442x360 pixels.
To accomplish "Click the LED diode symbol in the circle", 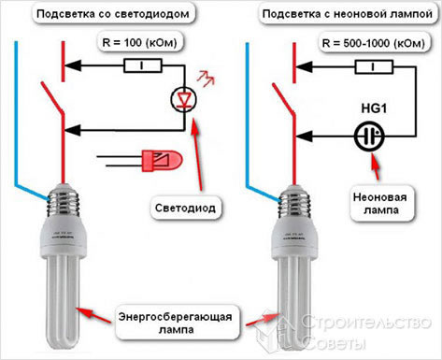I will click(x=183, y=98).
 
